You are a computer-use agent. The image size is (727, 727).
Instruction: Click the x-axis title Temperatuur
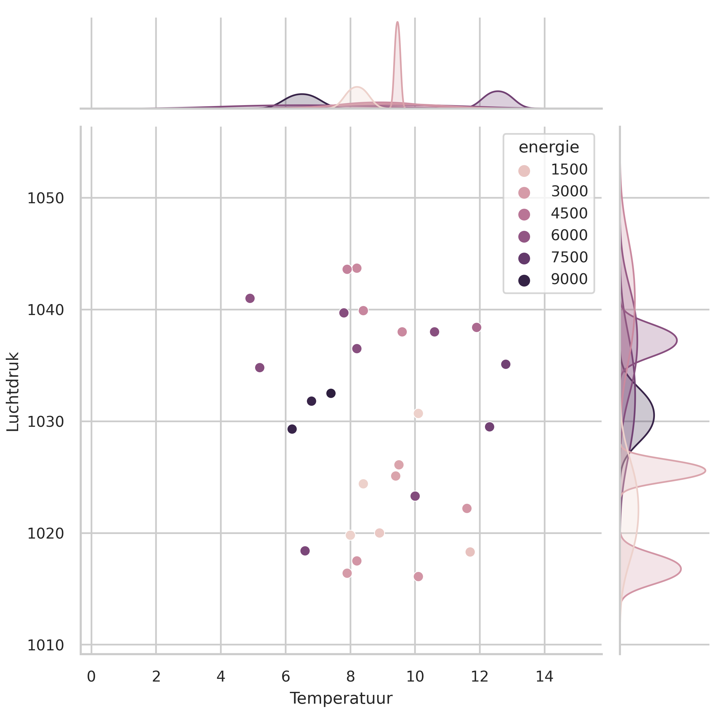click(340, 699)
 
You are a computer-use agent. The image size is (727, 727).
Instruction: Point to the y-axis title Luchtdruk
click(13, 392)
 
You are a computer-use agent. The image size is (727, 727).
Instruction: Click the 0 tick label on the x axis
click(91, 677)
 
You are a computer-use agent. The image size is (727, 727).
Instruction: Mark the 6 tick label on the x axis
click(286, 677)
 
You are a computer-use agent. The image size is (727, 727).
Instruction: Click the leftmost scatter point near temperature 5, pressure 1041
click(250, 298)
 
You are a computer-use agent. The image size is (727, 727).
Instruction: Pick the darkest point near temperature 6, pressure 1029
click(292, 429)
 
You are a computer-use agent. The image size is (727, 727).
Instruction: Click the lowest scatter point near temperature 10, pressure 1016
click(418, 576)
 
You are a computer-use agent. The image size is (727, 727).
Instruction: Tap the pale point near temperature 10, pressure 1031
click(418, 413)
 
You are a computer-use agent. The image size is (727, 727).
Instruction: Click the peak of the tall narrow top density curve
click(397, 22)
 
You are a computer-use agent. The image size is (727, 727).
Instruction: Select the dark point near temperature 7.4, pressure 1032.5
click(331, 393)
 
